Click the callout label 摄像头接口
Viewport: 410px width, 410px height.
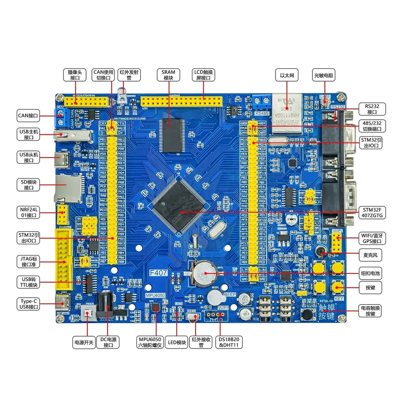click(x=75, y=75)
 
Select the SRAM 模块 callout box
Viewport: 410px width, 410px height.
click(x=169, y=75)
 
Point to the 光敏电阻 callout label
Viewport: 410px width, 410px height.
click(x=324, y=75)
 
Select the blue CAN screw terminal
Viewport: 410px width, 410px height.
click(x=62, y=117)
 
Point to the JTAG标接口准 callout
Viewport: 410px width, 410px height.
click(x=29, y=262)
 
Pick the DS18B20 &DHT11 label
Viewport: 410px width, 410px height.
click(x=229, y=342)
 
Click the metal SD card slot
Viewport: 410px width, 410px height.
click(x=67, y=188)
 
